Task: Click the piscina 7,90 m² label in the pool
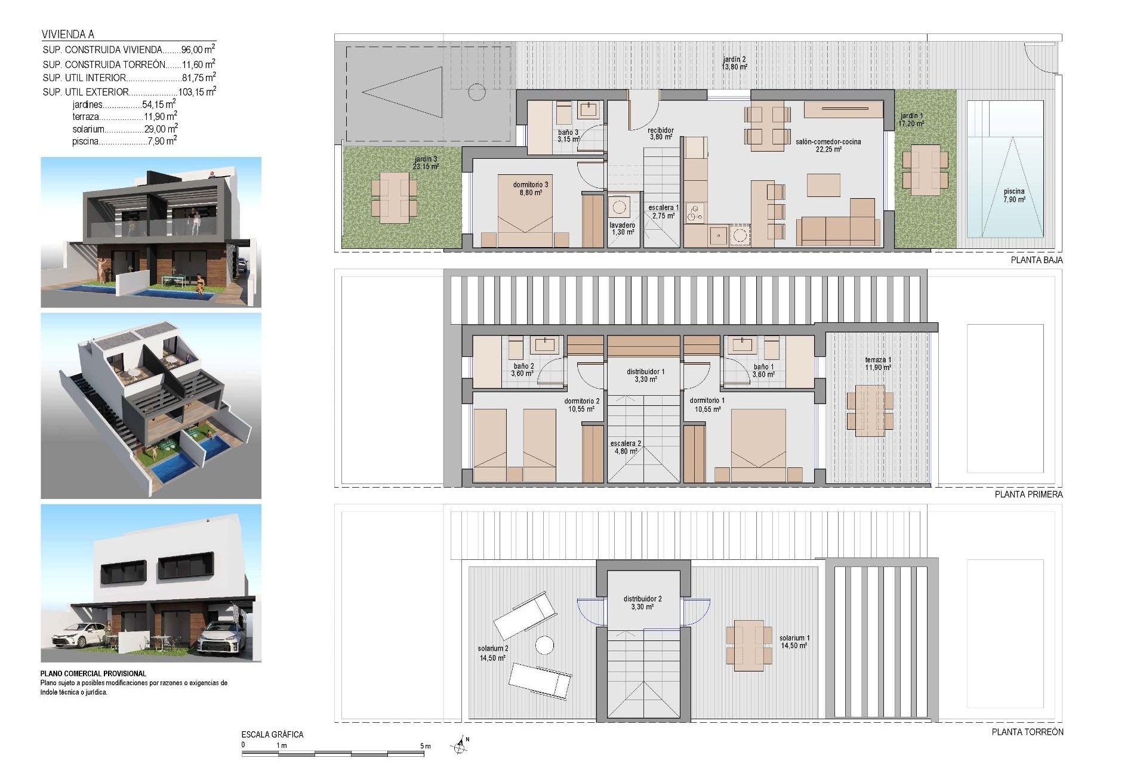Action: coord(1013,196)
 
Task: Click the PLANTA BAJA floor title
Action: coord(1036,260)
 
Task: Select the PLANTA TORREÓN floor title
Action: coord(1027,732)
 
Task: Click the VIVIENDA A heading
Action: coord(68,35)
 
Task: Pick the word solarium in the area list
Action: coord(88,129)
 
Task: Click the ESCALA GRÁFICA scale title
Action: coord(272,735)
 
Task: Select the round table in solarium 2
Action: coord(544,645)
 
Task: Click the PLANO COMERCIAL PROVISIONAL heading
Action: coord(93,673)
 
